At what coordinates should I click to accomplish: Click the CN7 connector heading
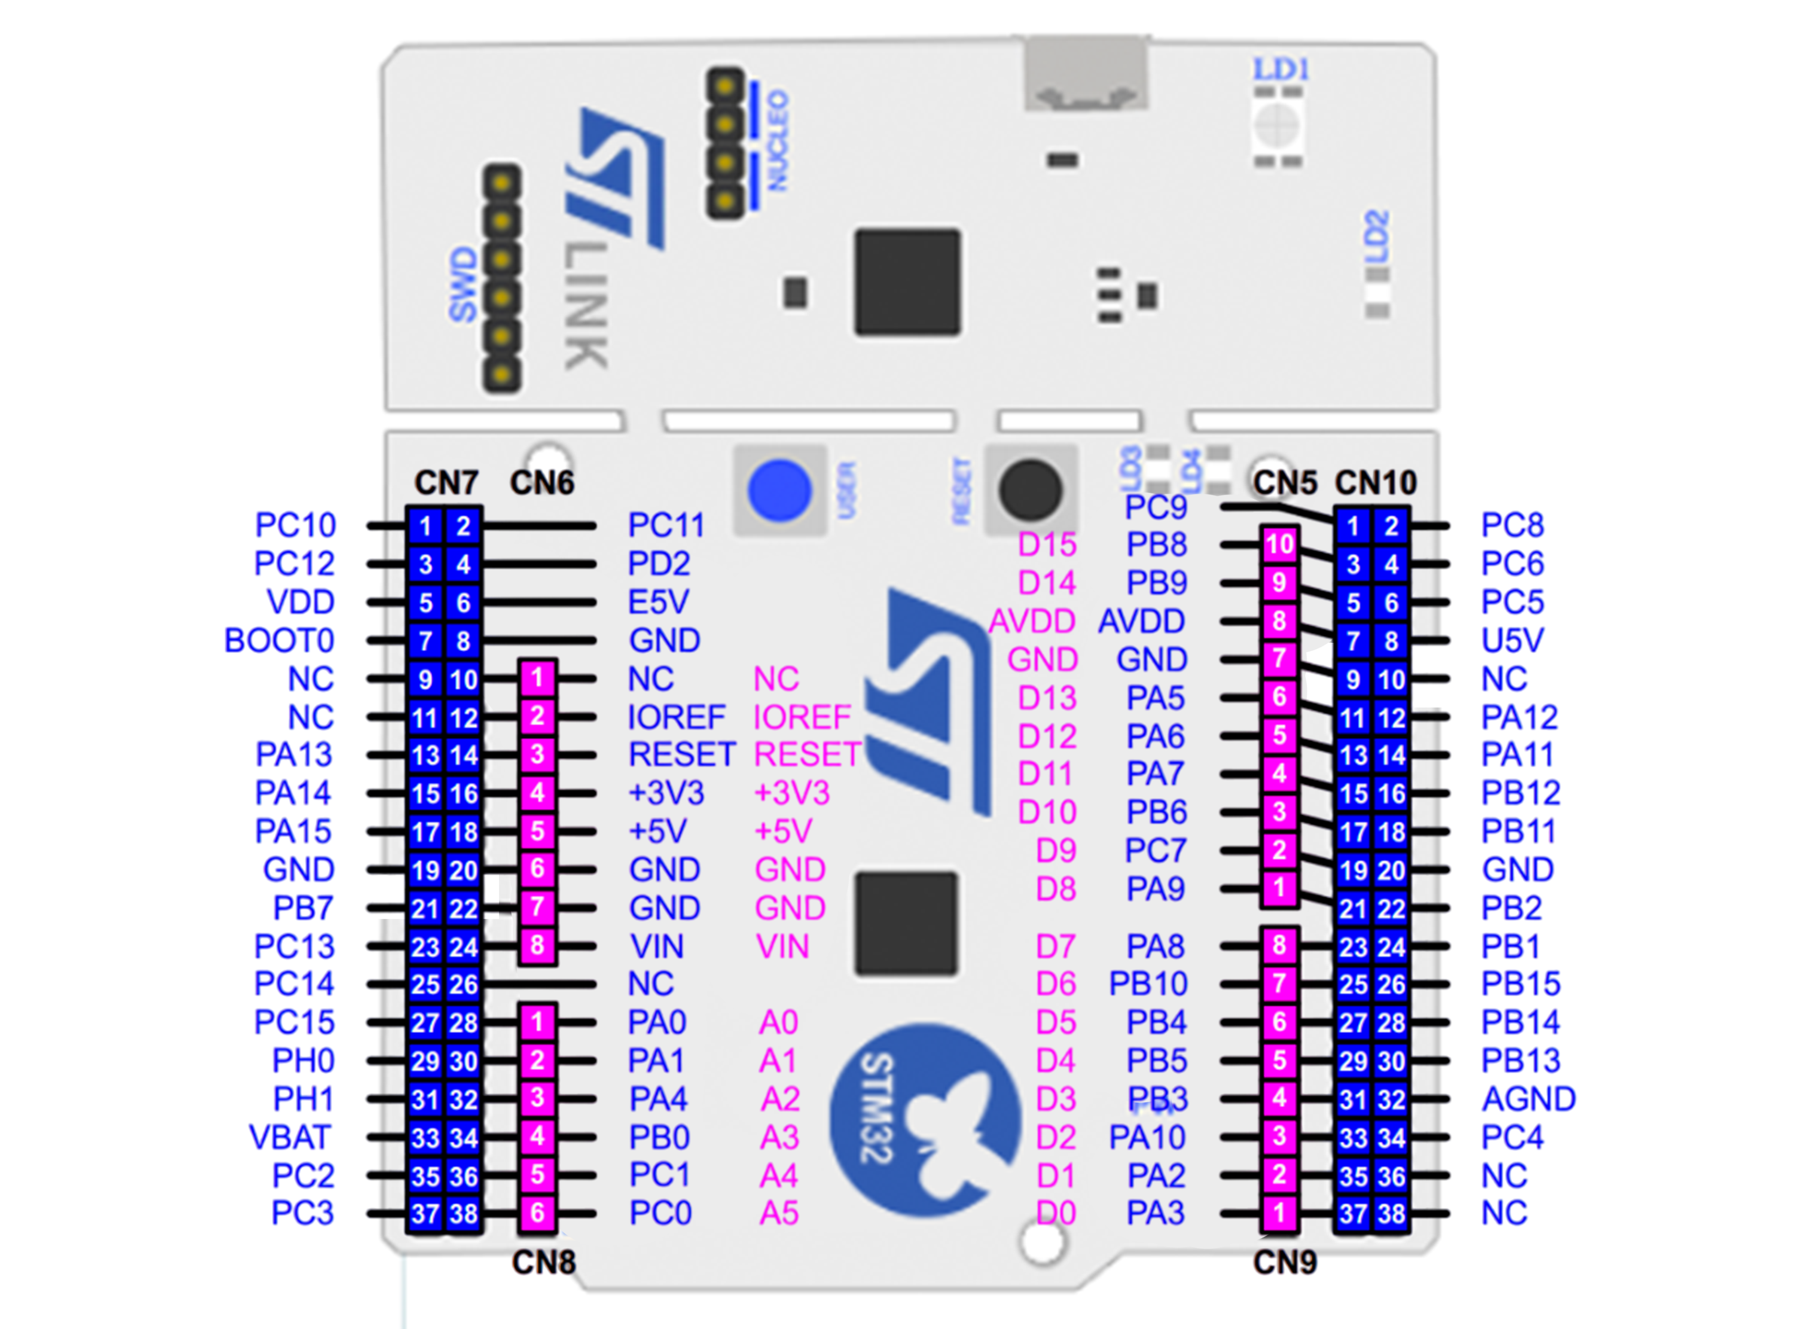pyautogui.click(x=446, y=483)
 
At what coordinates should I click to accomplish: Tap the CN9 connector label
pyautogui.click(x=1285, y=1262)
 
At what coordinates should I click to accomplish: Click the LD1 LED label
pyautogui.click(x=1281, y=70)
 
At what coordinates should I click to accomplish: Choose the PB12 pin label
pyautogui.click(x=1521, y=793)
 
